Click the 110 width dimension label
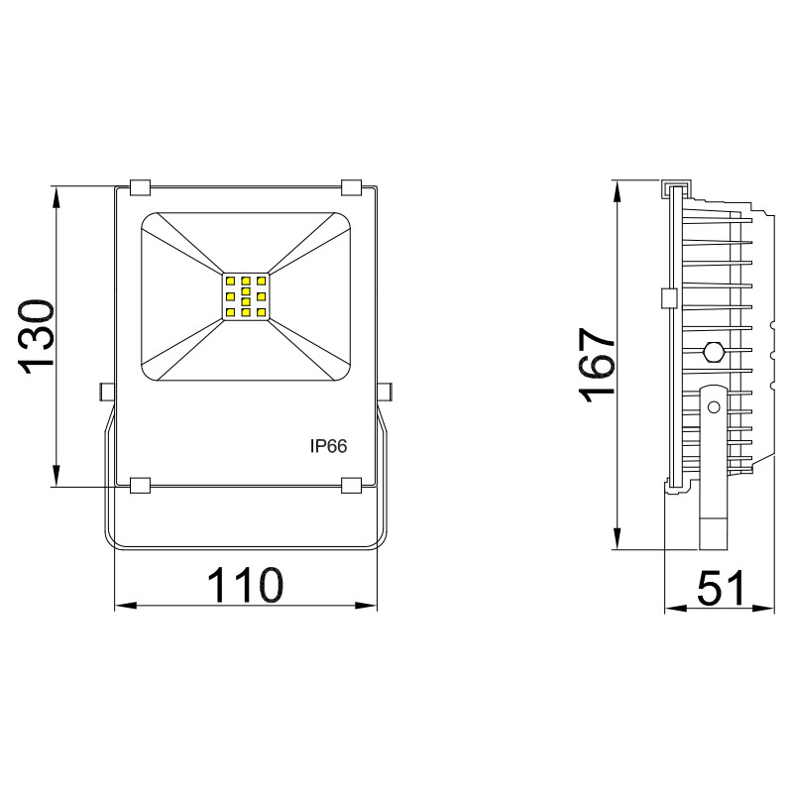245,586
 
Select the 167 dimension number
599,364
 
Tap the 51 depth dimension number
721,589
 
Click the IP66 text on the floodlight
328,447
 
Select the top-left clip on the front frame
140,187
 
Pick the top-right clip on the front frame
352,187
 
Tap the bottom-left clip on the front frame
140,485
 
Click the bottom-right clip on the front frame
352,485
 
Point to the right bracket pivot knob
387,393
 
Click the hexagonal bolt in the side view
712,351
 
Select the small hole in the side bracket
712,406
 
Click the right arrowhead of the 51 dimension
768,607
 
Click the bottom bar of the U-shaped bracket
245,547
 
